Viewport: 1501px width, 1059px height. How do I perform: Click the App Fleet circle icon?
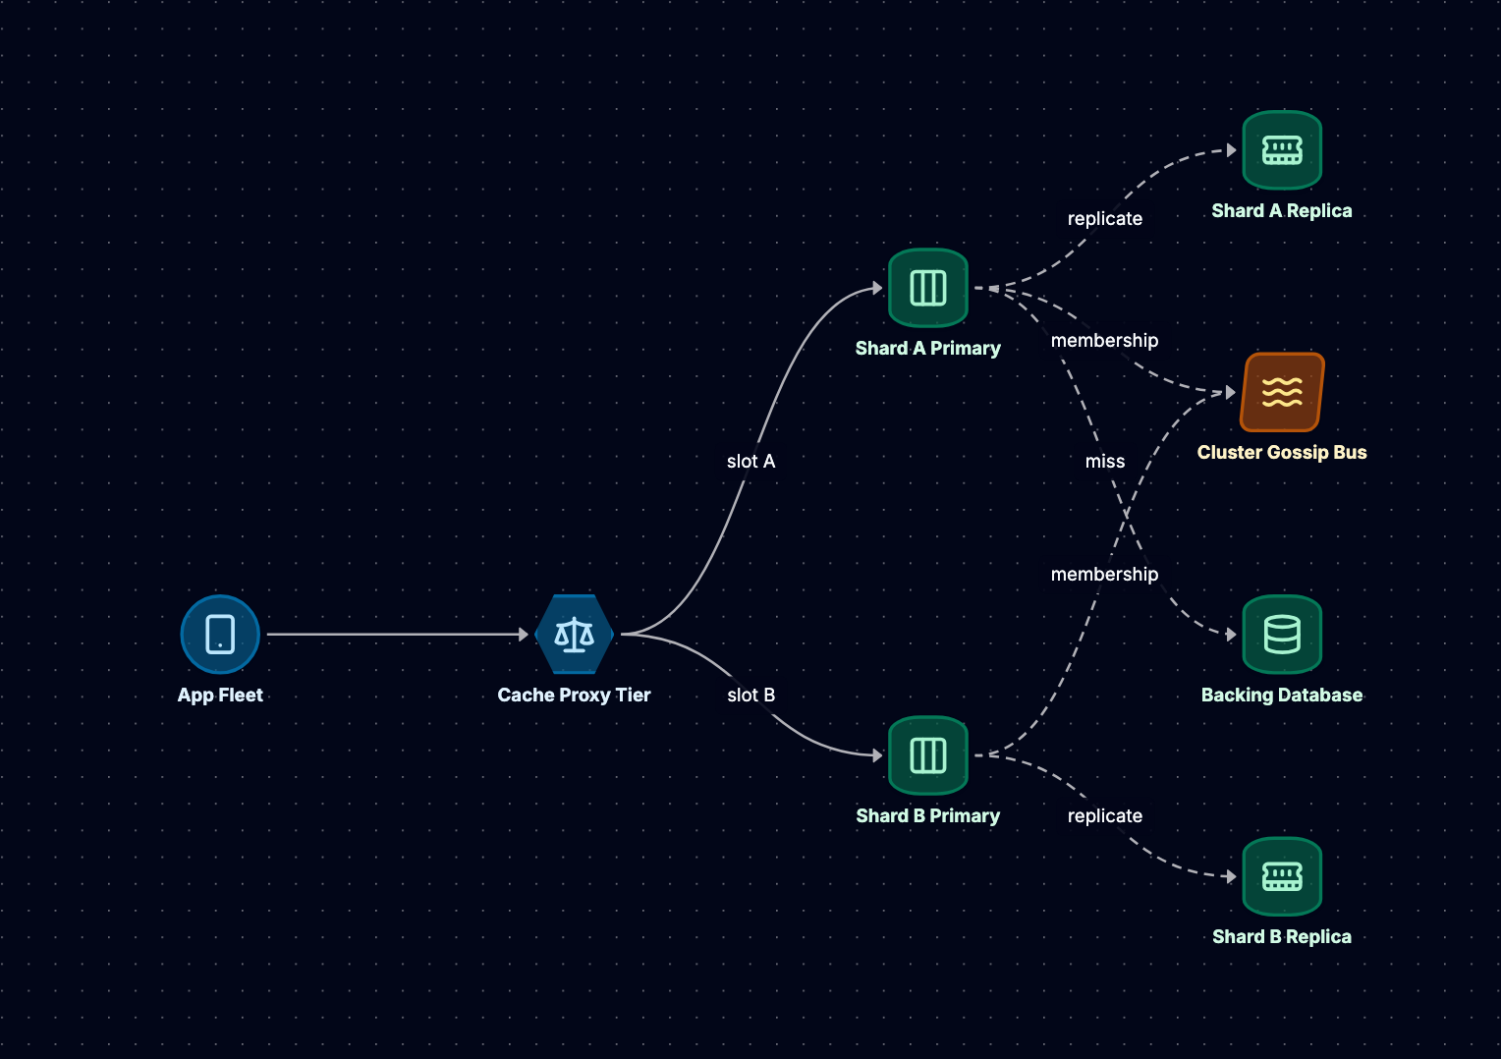[220, 634]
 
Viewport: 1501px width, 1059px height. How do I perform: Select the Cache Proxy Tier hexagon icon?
[575, 634]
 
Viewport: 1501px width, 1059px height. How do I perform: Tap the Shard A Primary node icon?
[928, 288]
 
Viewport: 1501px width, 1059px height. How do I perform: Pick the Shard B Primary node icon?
[928, 755]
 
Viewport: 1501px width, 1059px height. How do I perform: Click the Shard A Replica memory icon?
[1282, 150]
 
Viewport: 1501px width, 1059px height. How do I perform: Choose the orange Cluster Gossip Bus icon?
[1282, 392]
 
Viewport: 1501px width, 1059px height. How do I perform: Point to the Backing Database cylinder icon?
[1282, 634]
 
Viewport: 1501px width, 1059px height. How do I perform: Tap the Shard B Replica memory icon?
[1282, 876]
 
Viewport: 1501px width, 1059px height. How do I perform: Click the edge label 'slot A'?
[751, 461]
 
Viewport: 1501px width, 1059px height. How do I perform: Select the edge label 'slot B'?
[751, 696]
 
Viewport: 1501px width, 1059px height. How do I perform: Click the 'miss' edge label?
[1105, 461]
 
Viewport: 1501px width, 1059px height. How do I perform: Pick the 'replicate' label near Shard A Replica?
[1105, 218]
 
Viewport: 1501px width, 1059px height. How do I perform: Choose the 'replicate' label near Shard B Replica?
[1105, 815]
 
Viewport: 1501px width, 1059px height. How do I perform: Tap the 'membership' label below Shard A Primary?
[1104, 341]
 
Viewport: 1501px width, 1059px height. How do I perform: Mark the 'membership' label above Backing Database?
[1104, 575]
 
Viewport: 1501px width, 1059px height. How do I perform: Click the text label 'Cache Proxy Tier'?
[575, 696]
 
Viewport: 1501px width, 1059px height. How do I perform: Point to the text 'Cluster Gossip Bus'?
[1282, 453]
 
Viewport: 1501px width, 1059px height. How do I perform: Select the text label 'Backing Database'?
[1282, 696]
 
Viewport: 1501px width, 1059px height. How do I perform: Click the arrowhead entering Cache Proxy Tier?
[524, 634]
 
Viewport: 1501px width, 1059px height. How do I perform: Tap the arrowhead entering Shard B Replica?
[1232, 876]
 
